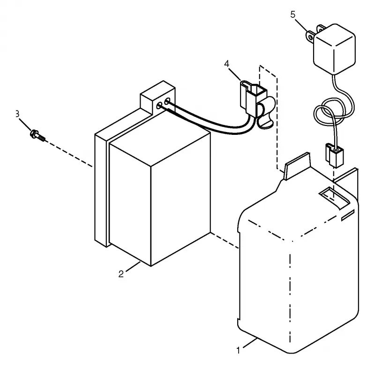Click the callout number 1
[238, 350]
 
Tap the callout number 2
[121, 274]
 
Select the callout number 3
[17, 114]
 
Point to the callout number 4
[226, 64]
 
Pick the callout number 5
[292, 15]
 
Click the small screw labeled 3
[37, 135]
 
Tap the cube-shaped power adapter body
[335, 49]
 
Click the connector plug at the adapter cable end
[334, 155]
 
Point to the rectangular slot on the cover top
[334, 197]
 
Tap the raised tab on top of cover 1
[297, 166]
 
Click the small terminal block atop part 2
[157, 98]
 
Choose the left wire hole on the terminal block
[159, 105]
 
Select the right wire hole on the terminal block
[167, 101]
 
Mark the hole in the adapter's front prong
[310, 37]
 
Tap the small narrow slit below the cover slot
[347, 215]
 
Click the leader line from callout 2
[133, 267]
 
